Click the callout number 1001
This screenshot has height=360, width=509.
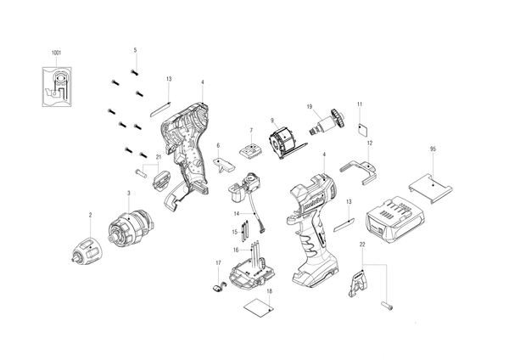pos(57,53)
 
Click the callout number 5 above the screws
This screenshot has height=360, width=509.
pos(136,50)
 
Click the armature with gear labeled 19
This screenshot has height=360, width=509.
pos(327,122)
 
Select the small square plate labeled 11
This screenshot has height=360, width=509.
pos(363,129)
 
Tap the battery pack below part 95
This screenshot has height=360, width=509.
pos(394,219)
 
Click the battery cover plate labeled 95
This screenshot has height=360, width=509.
pos(430,188)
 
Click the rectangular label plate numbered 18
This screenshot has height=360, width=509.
pos(259,307)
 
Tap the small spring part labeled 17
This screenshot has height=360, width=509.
pos(218,288)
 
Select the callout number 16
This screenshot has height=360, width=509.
pos(236,250)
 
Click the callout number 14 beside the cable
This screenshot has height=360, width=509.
pos(237,213)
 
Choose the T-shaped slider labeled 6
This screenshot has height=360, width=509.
pos(224,165)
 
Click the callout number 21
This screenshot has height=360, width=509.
pos(159,157)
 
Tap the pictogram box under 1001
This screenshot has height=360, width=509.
pos(57,87)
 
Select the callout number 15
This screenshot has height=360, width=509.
pos(235,232)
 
